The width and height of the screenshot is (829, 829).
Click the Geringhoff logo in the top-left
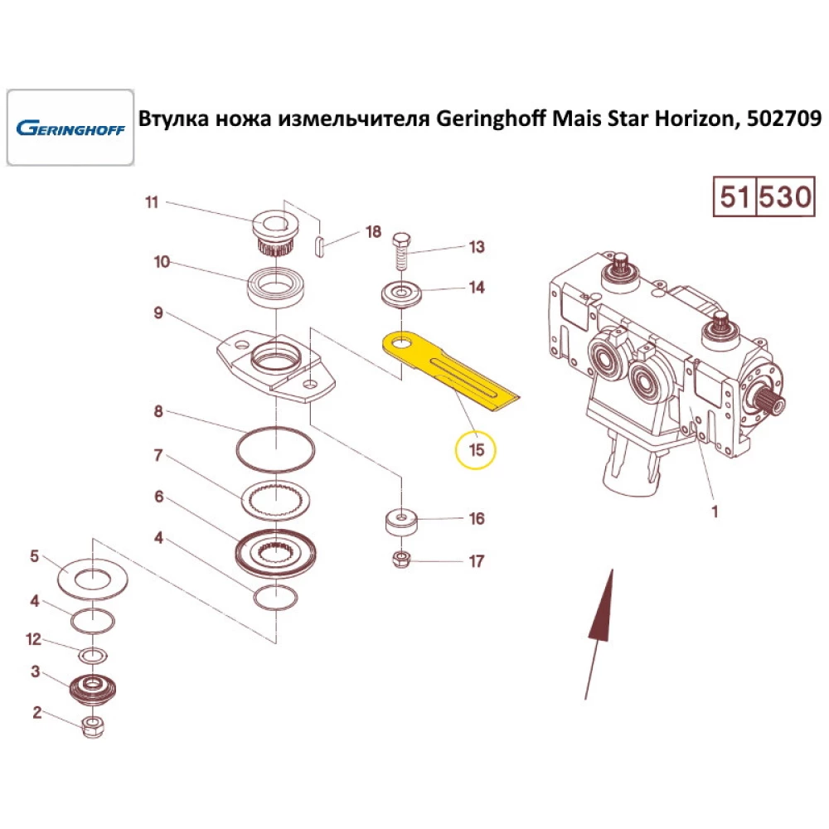click(70, 128)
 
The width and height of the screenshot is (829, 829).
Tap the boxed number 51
click(734, 197)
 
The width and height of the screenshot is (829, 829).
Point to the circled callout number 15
click(476, 450)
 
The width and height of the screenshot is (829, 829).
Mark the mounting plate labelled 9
click(277, 365)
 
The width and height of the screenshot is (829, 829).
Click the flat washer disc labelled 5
click(93, 575)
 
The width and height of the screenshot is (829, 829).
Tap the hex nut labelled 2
click(93, 729)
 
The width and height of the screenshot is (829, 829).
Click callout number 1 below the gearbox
click(715, 512)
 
